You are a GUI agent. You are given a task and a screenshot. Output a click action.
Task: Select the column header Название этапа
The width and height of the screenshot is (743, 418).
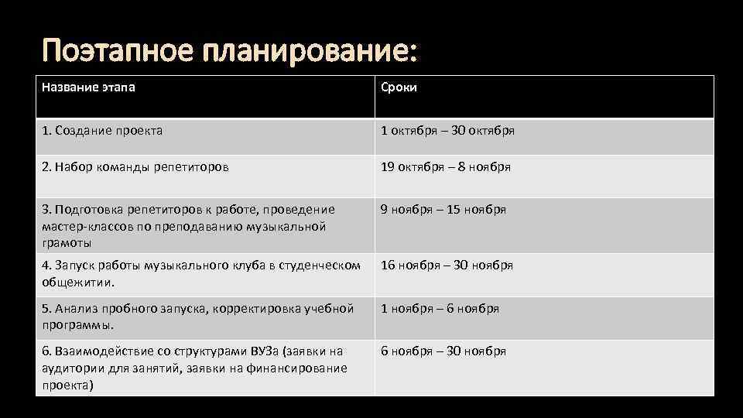[x=88, y=87]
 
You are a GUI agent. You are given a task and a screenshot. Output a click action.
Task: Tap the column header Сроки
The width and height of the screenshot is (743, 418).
[x=399, y=87]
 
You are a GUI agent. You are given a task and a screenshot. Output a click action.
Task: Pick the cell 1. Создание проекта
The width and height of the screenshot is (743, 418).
[x=102, y=131]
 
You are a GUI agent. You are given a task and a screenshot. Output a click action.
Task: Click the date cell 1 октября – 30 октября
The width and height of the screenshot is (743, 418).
[x=447, y=131]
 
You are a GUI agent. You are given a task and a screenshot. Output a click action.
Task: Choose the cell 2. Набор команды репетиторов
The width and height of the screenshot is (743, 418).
[x=135, y=166]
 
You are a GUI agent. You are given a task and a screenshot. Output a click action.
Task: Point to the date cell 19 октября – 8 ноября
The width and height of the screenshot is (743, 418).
[x=446, y=166]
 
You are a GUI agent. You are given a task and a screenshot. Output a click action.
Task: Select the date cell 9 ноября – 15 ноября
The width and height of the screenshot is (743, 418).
[x=443, y=210]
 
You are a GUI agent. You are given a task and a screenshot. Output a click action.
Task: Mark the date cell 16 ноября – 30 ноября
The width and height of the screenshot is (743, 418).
[x=447, y=266]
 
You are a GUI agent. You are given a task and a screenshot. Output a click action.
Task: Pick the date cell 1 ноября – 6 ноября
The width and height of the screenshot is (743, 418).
[x=440, y=309]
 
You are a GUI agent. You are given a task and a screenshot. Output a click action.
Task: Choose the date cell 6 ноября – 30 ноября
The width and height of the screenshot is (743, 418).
[x=443, y=351]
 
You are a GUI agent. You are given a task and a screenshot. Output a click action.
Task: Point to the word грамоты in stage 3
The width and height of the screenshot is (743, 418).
[x=67, y=243]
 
